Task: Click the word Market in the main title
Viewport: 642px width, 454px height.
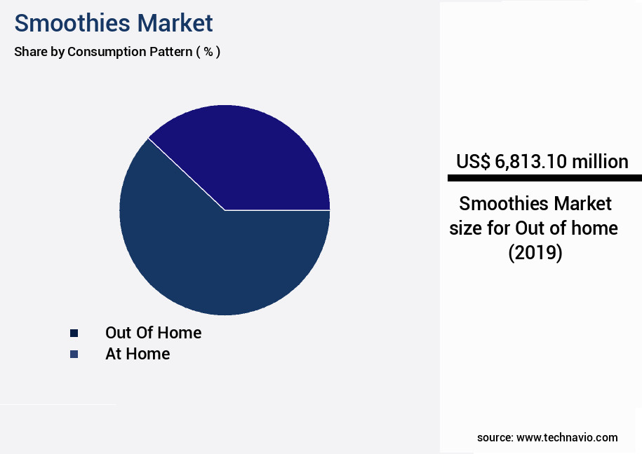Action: [175, 23]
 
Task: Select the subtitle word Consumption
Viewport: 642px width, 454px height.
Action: [106, 52]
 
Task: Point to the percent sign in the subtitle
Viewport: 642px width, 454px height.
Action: [208, 52]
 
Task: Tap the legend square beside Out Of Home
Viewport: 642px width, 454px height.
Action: [74, 333]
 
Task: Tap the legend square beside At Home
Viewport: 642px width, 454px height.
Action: [74, 354]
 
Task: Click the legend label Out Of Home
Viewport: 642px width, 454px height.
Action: [153, 333]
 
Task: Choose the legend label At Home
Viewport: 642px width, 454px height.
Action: [138, 354]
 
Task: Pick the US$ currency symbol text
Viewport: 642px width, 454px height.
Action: [473, 162]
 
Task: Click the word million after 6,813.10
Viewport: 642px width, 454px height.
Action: [600, 162]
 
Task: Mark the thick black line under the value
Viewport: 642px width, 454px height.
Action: [544, 178]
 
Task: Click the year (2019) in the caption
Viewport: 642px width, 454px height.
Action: [535, 252]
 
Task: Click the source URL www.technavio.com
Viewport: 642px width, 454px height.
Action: [567, 437]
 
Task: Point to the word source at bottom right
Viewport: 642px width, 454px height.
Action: [494, 437]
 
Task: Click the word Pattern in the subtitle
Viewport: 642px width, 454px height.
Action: [168, 52]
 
